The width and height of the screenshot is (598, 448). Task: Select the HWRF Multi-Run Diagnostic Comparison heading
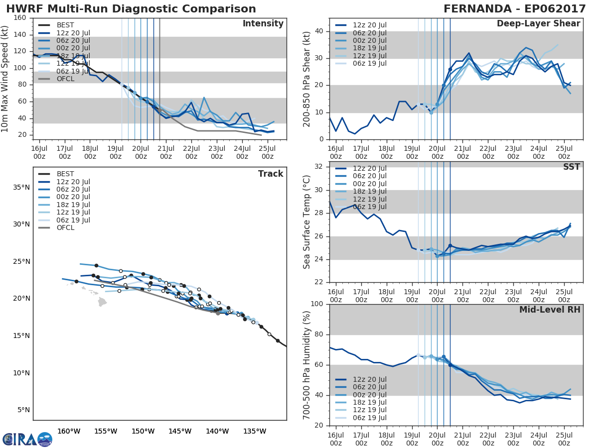point(131,9)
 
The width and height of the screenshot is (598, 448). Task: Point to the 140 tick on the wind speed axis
point(20,34)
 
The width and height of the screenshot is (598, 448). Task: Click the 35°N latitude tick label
point(21,187)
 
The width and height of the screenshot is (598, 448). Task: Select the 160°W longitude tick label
point(69,431)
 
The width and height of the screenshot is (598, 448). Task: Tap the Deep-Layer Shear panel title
point(538,24)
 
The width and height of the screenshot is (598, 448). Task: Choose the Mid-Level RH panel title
point(550,310)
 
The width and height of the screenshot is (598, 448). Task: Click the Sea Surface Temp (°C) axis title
point(307,222)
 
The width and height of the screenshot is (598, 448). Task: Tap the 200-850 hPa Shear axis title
point(307,79)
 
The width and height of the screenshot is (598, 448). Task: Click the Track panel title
point(270,174)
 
